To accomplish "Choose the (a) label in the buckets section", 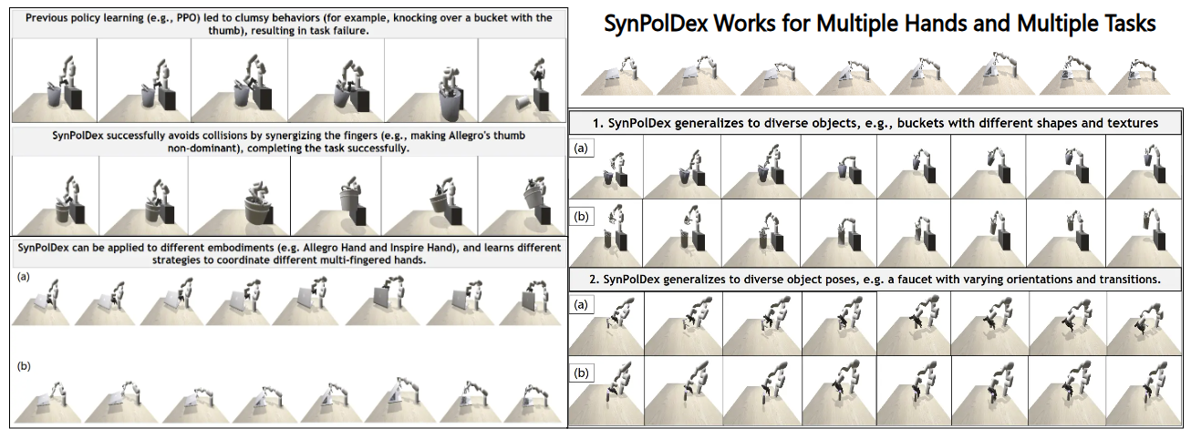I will [x=581, y=147].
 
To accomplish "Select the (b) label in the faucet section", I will [x=581, y=373].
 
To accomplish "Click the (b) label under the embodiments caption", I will [x=23, y=366].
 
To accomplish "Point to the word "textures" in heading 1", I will [x=1130, y=121].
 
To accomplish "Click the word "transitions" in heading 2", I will [x=1124, y=280].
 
